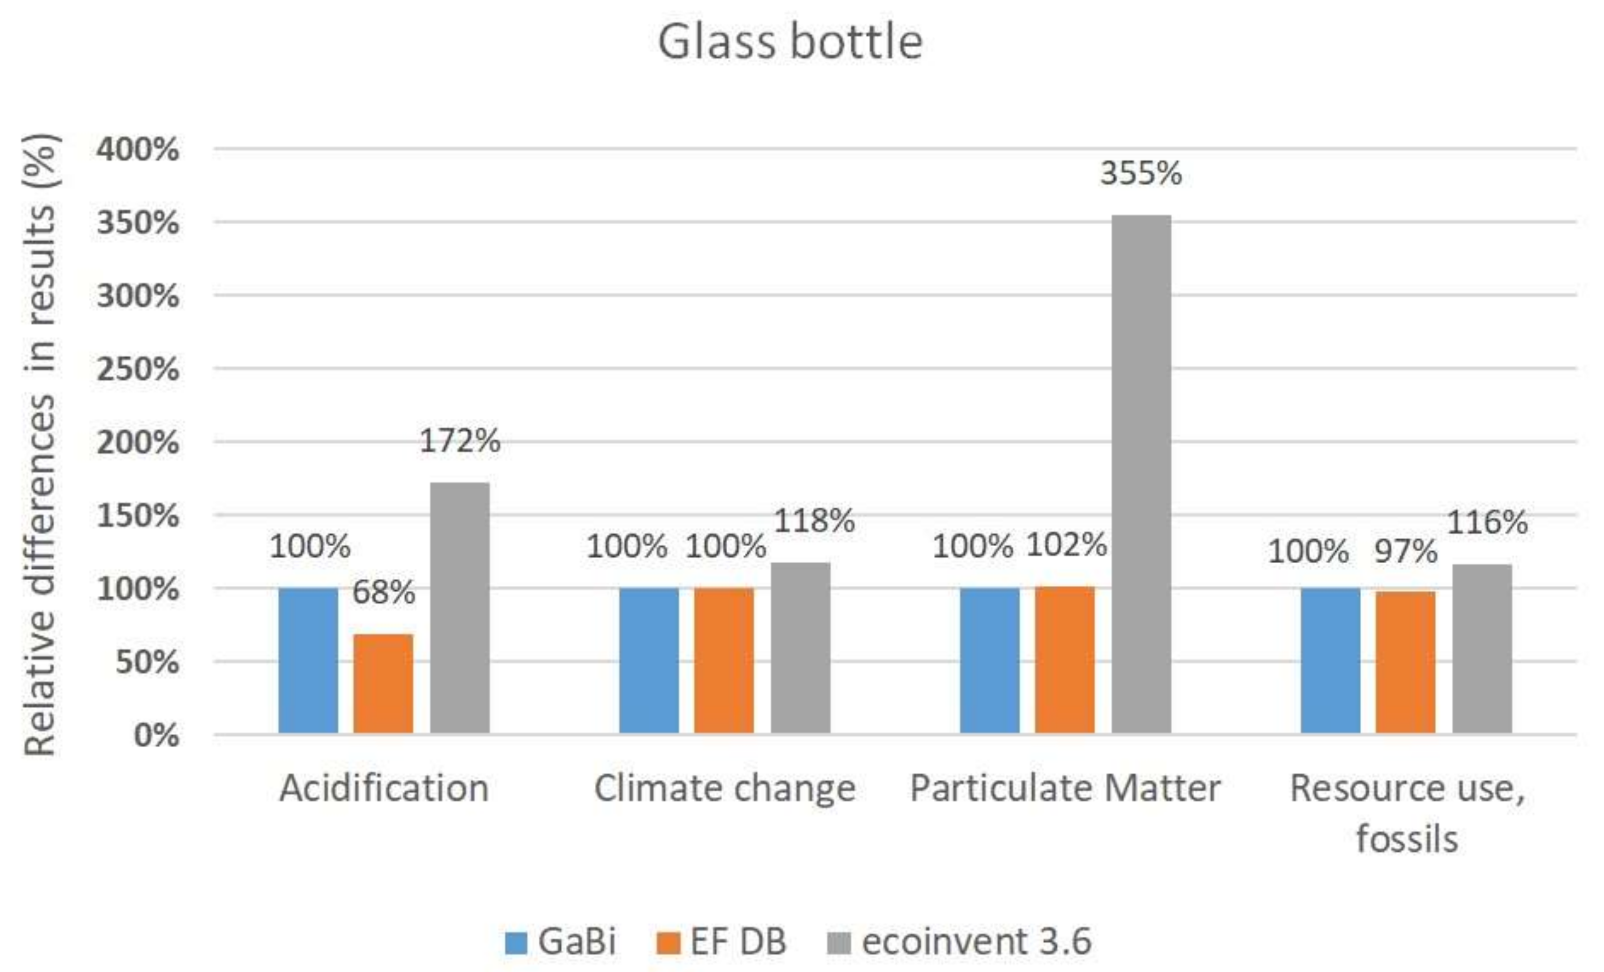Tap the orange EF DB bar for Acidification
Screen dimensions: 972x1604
tap(383, 684)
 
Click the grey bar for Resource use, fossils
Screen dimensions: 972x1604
tap(1482, 649)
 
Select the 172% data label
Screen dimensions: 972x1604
tap(459, 441)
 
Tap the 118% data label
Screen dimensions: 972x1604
tap(814, 521)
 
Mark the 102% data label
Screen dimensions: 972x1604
tap(1066, 545)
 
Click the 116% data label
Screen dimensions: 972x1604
tap(1487, 523)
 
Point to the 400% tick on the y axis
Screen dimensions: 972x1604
tap(137, 150)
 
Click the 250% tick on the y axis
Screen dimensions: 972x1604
tap(137, 370)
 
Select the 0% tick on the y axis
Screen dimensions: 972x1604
tap(156, 736)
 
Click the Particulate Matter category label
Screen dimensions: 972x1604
tap(1065, 788)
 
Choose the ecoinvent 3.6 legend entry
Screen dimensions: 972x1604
tap(959, 941)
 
